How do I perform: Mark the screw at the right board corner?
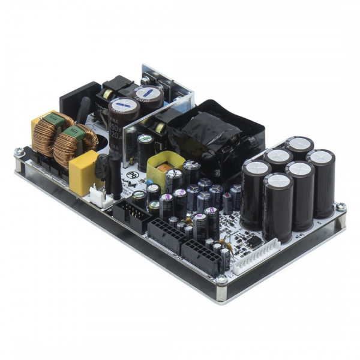click(x=340, y=208)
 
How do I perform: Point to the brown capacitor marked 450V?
click(x=122, y=120)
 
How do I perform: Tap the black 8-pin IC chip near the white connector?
click(x=254, y=241)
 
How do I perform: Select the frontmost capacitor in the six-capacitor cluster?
click(x=277, y=204)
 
